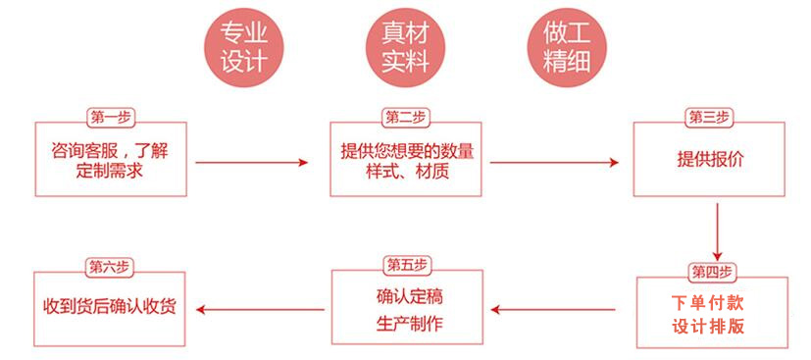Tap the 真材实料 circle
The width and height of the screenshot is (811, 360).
(405, 48)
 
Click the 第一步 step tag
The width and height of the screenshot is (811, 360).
(111, 118)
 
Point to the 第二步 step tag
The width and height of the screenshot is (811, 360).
(405, 118)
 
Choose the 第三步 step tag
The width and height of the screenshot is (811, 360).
(710, 118)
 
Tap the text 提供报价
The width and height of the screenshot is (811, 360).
(710, 160)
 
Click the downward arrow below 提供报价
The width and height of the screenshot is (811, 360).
(718, 231)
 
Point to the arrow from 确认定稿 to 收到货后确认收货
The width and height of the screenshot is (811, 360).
(261, 310)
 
